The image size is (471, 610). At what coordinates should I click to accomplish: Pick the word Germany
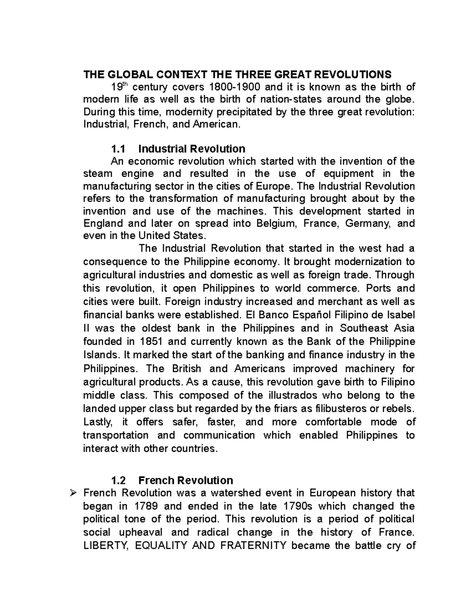coord(368,223)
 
